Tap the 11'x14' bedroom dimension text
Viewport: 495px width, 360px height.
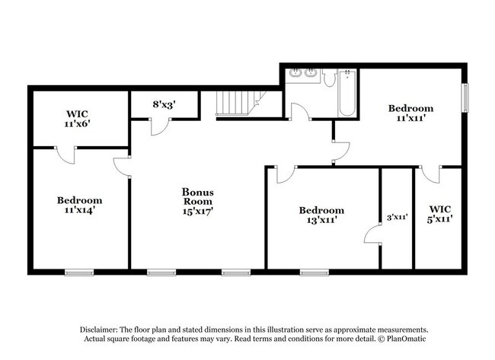coord(79,210)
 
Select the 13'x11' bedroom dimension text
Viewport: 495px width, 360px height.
coord(321,220)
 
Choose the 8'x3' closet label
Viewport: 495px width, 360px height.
coord(164,105)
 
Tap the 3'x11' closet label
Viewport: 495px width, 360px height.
coord(397,217)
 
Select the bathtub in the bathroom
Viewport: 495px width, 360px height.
coord(346,94)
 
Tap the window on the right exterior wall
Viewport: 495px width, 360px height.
coord(465,97)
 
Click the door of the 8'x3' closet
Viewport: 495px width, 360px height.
coord(158,126)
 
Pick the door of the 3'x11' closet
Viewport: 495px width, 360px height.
coord(372,235)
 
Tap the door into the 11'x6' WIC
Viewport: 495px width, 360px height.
coord(65,155)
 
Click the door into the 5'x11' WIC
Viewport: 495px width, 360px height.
coord(431,174)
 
